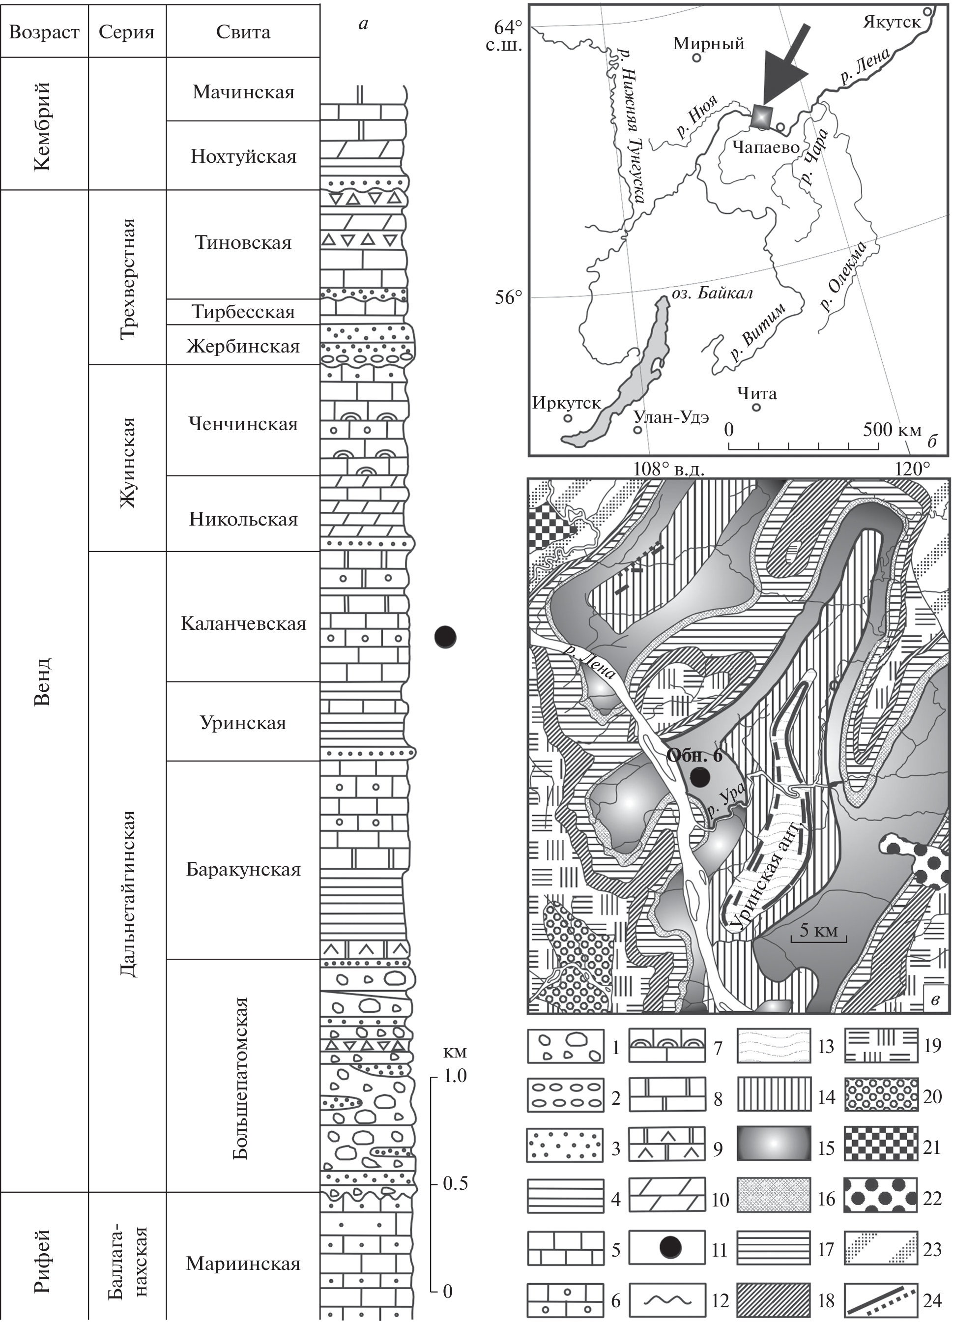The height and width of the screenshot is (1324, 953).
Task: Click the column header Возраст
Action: click(44, 31)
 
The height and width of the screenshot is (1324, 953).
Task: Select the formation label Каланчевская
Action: click(243, 623)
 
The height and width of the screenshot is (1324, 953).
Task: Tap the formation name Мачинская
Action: click(243, 92)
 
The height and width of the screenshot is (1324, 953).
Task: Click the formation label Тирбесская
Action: click(243, 312)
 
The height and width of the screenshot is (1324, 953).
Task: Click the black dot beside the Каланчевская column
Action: click(445, 637)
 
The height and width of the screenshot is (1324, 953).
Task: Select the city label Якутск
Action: click(891, 22)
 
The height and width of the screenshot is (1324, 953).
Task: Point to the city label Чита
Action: click(756, 393)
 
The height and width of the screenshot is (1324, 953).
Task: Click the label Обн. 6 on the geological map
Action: click(694, 756)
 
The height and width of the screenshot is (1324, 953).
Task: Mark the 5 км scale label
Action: click(818, 931)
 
